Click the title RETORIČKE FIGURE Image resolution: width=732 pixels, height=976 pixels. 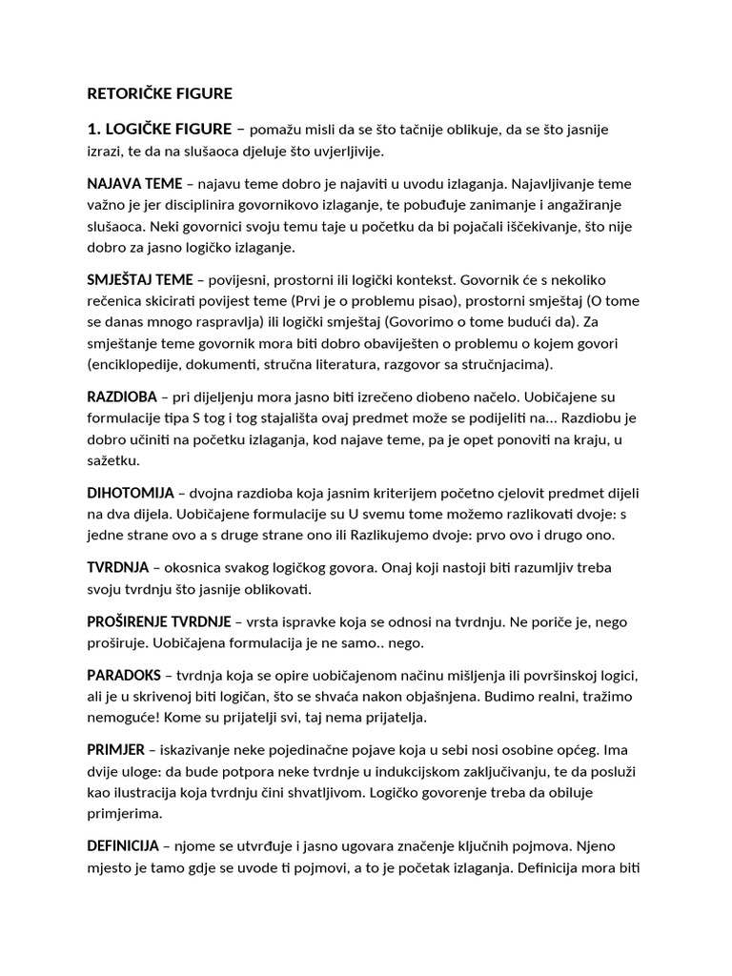coord(159,94)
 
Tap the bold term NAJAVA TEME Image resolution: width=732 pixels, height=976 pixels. coord(134,183)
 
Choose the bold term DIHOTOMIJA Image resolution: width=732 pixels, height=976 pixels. coord(131,493)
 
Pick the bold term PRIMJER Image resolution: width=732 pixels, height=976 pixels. coord(116,750)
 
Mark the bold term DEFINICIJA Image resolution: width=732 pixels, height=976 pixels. coord(124,845)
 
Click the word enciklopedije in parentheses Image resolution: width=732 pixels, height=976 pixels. coord(137,366)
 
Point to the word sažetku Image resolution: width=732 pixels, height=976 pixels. coord(112,460)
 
